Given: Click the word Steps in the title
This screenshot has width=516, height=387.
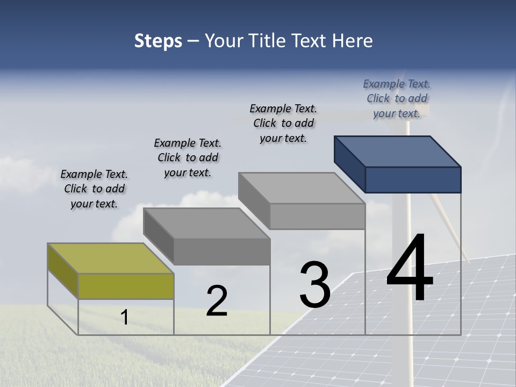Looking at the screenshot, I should [x=158, y=41].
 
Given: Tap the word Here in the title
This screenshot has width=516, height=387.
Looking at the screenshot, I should [x=352, y=41].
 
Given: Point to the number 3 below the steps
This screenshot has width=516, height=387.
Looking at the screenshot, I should [x=314, y=285].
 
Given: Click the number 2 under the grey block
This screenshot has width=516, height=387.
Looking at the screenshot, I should [x=217, y=302].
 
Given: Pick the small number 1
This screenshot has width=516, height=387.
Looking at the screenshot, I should [x=125, y=318].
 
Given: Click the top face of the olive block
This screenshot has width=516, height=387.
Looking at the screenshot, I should [x=111, y=259].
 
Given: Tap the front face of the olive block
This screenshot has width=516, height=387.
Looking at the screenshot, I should [x=126, y=286].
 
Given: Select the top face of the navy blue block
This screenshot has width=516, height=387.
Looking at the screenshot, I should [x=398, y=151].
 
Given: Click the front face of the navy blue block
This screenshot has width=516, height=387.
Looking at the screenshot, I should [x=413, y=180].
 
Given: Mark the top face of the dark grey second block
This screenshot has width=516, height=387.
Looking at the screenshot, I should [x=206, y=223].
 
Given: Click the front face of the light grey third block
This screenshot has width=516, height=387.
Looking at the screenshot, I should [x=317, y=217].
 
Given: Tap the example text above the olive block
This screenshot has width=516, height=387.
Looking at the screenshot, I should [x=94, y=189].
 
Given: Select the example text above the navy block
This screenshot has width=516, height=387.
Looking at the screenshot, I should [x=397, y=98].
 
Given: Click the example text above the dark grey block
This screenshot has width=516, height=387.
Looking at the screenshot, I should [x=188, y=157].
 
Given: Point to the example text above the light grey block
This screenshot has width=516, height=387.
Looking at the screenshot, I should [x=283, y=123].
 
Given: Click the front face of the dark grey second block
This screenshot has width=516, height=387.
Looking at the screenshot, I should [x=221, y=252].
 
